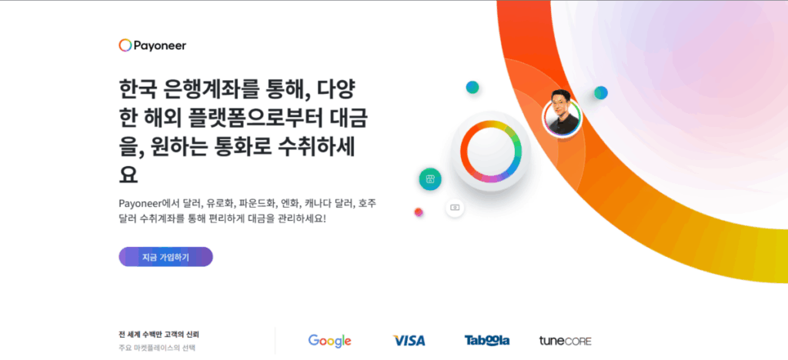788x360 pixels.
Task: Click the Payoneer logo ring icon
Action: [125, 45]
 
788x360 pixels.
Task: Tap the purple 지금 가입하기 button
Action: [165, 257]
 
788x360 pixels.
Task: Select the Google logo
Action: [329, 341]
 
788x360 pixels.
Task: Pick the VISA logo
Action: [409, 341]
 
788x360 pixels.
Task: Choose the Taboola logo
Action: [487, 341]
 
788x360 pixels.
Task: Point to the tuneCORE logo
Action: [565, 341]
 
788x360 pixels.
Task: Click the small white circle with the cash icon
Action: [455, 208]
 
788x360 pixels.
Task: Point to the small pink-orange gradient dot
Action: [419, 212]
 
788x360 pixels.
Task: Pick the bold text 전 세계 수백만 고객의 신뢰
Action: [159, 335]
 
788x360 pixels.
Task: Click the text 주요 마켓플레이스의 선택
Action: [157, 348]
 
